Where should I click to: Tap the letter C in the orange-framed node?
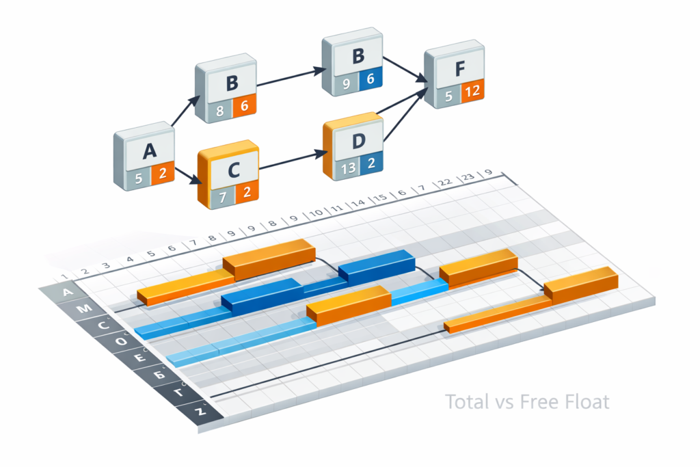pos(232,170)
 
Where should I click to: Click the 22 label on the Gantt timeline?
pos(444,183)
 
